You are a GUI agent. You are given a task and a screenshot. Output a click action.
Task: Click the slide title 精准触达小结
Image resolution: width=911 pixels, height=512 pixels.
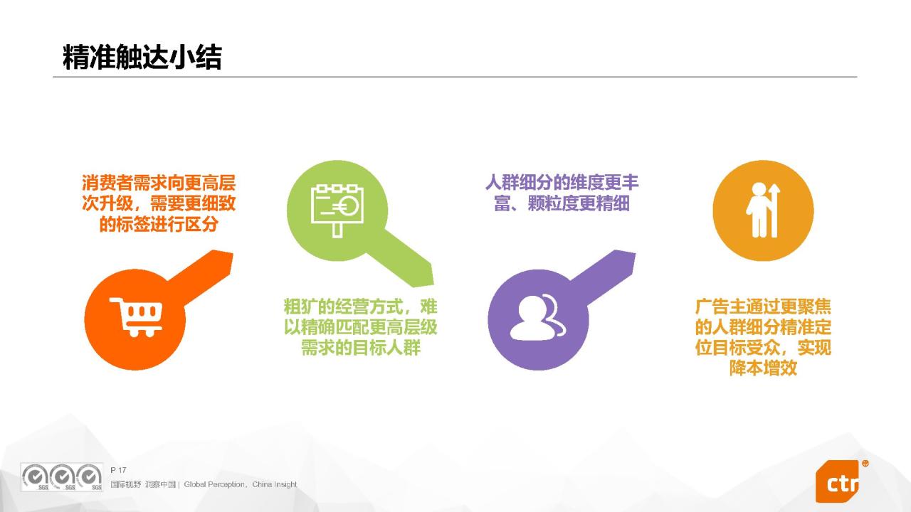click(142, 58)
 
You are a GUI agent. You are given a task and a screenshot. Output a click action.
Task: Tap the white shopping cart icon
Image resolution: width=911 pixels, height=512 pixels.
click(136, 317)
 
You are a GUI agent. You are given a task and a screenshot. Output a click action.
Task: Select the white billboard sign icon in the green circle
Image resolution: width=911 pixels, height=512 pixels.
click(337, 210)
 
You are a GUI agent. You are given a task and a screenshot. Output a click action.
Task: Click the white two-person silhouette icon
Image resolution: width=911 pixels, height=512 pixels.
click(537, 317)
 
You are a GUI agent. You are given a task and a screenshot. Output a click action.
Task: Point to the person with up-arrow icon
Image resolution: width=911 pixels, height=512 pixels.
click(763, 210)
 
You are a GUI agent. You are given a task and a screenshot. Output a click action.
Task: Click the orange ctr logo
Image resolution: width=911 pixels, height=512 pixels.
click(838, 481)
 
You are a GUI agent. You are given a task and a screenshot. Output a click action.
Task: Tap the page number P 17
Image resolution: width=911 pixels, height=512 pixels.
click(118, 470)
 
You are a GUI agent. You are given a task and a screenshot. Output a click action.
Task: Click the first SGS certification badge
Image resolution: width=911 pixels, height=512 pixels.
click(35, 477)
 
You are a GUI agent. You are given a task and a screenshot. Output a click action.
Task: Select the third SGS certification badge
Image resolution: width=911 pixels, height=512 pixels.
click(90, 477)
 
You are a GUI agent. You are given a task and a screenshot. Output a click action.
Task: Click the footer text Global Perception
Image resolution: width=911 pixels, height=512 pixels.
click(214, 484)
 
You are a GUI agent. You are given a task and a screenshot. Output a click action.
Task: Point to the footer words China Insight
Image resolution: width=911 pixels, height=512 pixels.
click(275, 484)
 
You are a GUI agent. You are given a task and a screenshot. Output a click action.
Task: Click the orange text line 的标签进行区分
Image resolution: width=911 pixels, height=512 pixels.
click(159, 224)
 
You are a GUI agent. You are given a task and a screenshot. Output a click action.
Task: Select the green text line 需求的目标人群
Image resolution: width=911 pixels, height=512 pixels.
click(361, 348)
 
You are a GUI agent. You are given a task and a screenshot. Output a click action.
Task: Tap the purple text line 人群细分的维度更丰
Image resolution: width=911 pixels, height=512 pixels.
click(562, 183)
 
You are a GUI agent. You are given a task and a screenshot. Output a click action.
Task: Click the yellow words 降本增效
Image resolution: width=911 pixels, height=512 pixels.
click(763, 368)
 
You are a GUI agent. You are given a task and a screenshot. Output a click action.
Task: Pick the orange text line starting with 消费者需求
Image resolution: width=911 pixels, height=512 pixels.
click(159, 183)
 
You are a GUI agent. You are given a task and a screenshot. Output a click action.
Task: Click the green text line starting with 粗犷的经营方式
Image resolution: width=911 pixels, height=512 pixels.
click(361, 306)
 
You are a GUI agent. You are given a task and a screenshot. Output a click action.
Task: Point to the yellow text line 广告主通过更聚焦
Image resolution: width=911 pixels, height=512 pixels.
click(763, 306)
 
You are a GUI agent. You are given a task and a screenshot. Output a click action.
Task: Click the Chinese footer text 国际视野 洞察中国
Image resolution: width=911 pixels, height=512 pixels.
click(143, 484)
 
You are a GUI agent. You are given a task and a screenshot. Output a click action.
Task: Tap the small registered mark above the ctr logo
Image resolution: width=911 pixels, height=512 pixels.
click(865, 463)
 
